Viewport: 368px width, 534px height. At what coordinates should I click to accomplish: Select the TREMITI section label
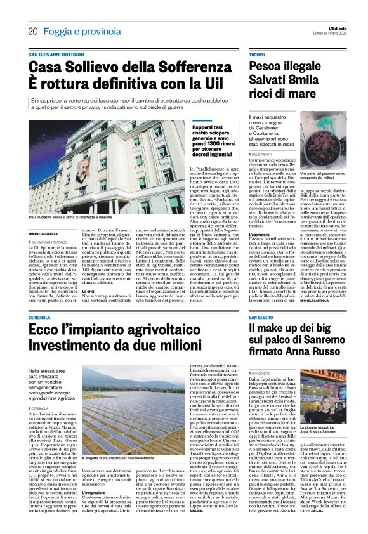tap(257, 55)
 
